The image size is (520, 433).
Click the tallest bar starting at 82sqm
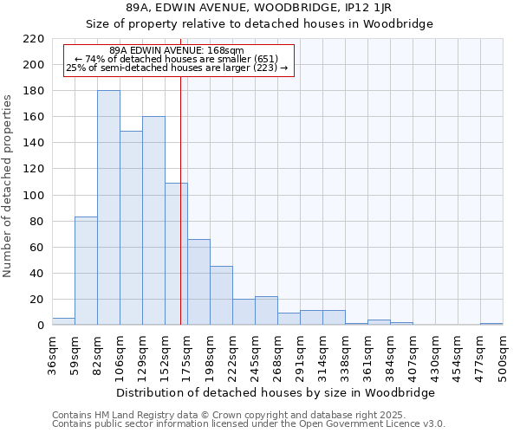click(108, 208)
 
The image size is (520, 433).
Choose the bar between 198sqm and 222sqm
click(221, 295)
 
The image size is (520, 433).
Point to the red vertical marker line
click(180, 216)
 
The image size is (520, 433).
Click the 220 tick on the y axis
click(35, 39)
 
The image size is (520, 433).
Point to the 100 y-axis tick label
click(35, 196)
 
